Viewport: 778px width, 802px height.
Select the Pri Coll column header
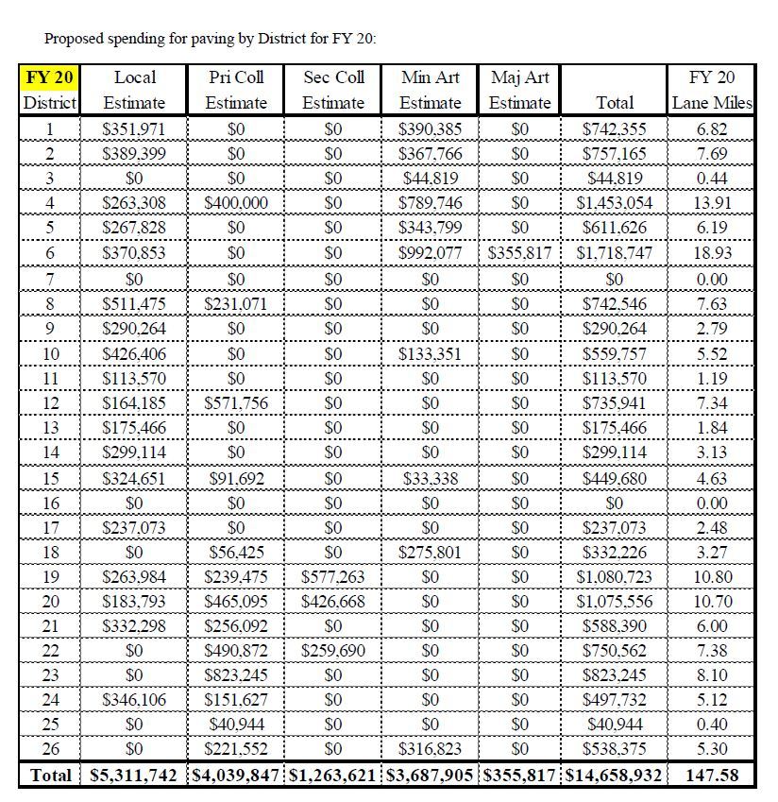click(x=236, y=77)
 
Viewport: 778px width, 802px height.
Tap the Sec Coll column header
click(x=333, y=77)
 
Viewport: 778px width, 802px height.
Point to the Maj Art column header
click(x=520, y=77)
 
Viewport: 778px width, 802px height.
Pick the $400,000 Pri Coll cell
click(x=236, y=202)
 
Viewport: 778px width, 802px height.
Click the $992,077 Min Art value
click(x=431, y=252)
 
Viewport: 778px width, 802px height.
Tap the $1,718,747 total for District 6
click(x=614, y=252)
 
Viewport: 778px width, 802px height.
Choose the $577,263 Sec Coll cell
click(x=333, y=576)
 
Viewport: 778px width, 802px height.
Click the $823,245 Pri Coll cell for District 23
click(x=236, y=674)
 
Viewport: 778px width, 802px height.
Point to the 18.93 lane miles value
click(x=712, y=252)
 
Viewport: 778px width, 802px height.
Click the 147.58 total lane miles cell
click(x=712, y=776)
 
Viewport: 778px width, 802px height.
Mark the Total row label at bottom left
click(x=50, y=776)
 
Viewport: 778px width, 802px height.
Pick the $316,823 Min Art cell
click(x=431, y=749)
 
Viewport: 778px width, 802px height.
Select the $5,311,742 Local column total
click(x=134, y=776)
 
